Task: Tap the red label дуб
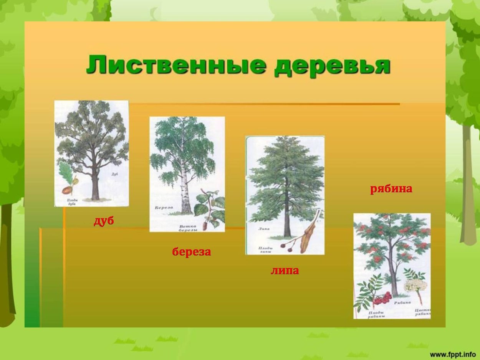pos(104,221)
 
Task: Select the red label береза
pos(191,252)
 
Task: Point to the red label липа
pos(285,271)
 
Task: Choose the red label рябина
pos(391,189)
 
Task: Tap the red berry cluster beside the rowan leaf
pos(382,298)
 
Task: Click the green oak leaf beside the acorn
pos(65,173)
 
